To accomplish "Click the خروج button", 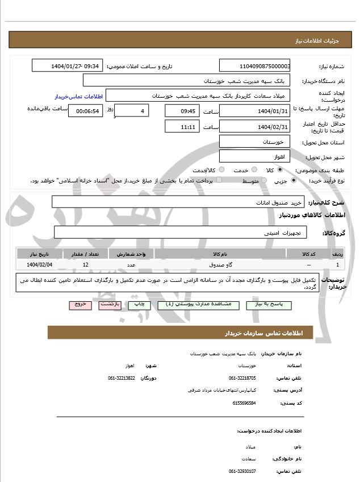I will point(80,305).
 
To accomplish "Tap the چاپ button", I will point(140,305).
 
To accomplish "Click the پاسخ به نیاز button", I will point(269,305).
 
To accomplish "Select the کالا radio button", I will point(280,170).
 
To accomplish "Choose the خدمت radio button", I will point(253,170).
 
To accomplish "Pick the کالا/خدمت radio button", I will point(221,170).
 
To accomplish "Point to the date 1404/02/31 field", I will point(254,126).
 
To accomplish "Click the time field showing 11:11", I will point(182,126).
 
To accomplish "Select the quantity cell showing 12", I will point(85,265).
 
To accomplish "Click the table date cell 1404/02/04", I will point(40,265).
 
